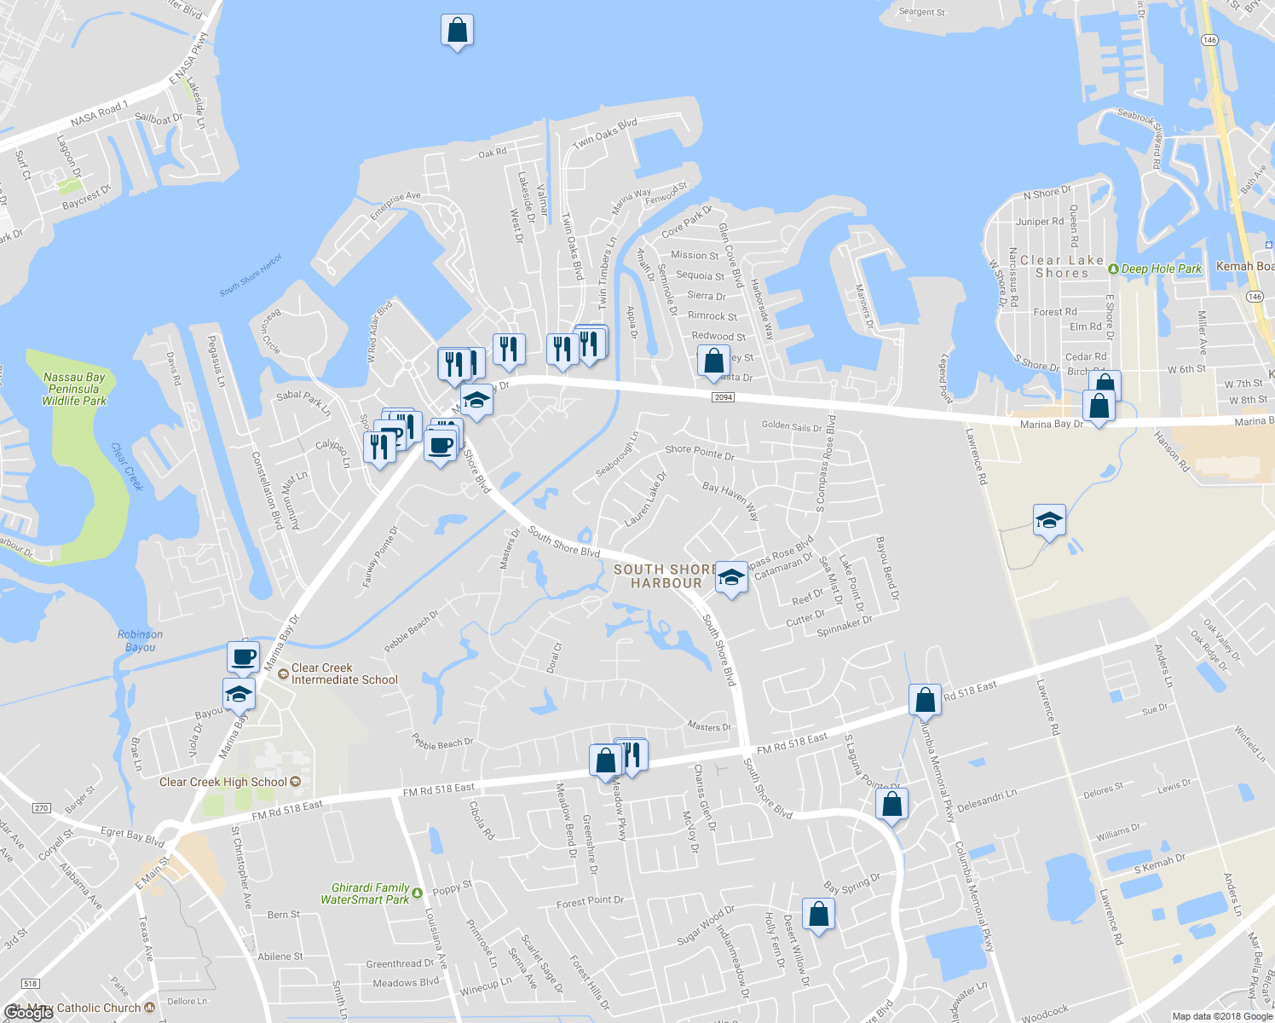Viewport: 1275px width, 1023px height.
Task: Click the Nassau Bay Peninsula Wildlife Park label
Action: click(74, 389)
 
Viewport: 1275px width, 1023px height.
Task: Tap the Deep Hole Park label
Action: click(1160, 269)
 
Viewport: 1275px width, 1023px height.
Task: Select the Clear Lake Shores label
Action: click(1061, 267)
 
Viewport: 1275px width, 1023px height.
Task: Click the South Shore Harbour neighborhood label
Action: click(666, 576)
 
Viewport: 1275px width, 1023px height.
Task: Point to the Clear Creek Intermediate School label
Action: click(343, 674)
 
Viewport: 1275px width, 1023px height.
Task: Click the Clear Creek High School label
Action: click(223, 782)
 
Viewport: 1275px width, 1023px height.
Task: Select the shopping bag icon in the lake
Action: click(457, 31)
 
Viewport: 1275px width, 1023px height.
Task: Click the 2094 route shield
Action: click(723, 397)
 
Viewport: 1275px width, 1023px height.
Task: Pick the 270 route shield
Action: click(42, 808)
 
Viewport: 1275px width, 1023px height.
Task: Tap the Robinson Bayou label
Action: click(140, 641)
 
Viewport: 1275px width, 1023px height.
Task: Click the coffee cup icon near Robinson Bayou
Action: click(243, 658)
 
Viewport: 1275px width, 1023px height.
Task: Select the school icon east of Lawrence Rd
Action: click(1048, 520)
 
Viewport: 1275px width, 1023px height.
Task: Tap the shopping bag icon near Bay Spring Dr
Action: click(817, 914)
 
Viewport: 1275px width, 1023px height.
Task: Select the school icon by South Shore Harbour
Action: click(730, 577)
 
